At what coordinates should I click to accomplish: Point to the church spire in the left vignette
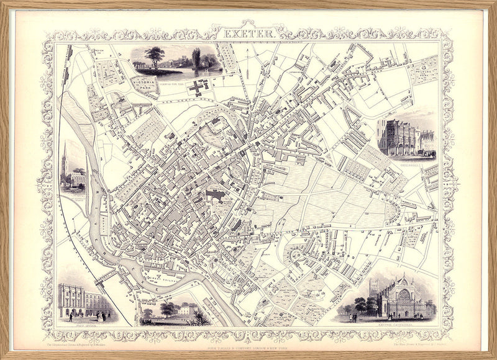[64, 159]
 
